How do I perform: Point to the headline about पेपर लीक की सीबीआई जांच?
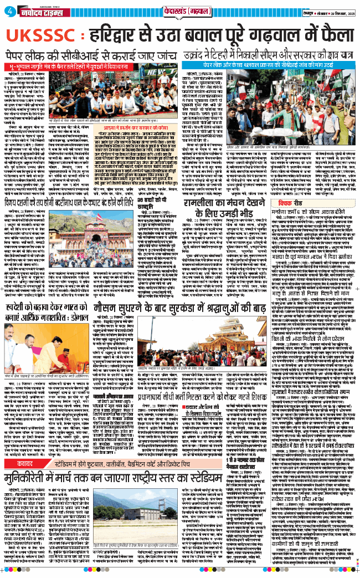click(x=92, y=57)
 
